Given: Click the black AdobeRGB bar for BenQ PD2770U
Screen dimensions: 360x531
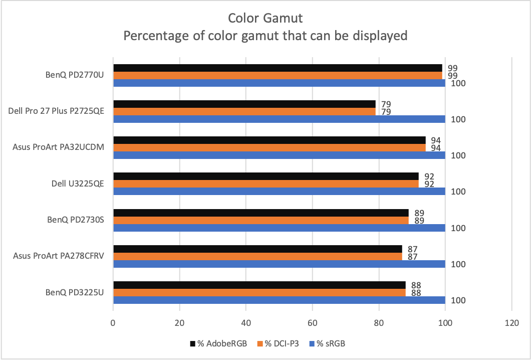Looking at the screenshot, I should tap(278, 68).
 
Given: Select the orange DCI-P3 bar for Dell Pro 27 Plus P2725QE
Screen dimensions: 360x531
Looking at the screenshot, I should tap(244, 111).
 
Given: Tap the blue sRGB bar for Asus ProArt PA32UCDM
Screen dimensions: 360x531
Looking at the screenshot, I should tap(279, 155).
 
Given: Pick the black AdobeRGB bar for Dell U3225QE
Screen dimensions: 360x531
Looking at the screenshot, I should tap(266, 176).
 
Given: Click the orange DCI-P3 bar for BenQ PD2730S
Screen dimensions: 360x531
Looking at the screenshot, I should tap(261, 220).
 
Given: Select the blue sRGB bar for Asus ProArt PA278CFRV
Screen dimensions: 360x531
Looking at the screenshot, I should tap(279, 264).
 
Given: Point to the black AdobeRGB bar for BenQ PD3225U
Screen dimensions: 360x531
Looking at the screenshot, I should tap(259, 285).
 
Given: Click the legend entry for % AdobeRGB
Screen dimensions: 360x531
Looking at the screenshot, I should tap(218, 343).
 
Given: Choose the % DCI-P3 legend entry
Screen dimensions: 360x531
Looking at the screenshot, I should tap(279, 343).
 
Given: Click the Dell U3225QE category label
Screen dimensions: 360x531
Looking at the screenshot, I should tap(78, 184).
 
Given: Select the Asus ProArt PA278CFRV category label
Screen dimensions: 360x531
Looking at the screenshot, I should tap(58, 256).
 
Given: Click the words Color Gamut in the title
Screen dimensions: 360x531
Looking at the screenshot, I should tap(265, 19).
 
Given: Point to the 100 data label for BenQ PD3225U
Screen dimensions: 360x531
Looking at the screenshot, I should tap(459, 300).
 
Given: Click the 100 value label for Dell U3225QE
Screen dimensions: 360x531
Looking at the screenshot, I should tap(459, 192).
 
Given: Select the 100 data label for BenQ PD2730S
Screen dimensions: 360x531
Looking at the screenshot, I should tap(459, 228).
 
